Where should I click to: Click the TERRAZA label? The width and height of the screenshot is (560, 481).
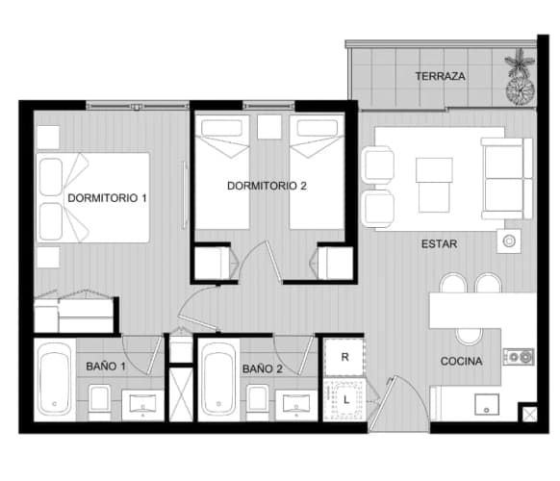click(x=440, y=76)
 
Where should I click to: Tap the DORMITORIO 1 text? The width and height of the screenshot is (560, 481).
click(x=107, y=198)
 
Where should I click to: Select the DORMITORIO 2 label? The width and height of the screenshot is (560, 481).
click(x=267, y=186)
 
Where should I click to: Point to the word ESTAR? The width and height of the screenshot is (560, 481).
click(x=440, y=244)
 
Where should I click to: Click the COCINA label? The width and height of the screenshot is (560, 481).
click(x=462, y=361)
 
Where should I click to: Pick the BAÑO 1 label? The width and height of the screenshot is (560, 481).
click(x=106, y=366)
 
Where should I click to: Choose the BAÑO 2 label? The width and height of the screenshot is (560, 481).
click(x=263, y=368)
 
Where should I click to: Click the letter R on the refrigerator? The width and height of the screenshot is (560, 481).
click(x=345, y=357)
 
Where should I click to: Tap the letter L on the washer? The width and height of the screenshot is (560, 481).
click(x=346, y=400)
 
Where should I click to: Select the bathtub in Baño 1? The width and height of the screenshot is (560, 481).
click(x=55, y=379)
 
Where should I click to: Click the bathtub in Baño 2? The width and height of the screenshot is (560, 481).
click(x=218, y=379)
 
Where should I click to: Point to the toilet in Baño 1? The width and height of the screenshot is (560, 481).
click(x=99, y=402)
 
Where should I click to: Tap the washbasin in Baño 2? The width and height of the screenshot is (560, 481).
click(x=296, y=405)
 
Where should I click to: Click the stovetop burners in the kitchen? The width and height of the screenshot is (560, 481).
click(x=519, y=357)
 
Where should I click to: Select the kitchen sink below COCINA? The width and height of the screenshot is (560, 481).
click(x=487, y=404)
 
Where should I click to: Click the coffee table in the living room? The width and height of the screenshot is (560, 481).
click(x=434, y=185)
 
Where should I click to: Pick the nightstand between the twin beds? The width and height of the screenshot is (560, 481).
click(x=269, y=127)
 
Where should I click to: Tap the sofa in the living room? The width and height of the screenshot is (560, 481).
click(x=507, y=179)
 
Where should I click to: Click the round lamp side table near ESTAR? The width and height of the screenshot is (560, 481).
click(x=509, y=241)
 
